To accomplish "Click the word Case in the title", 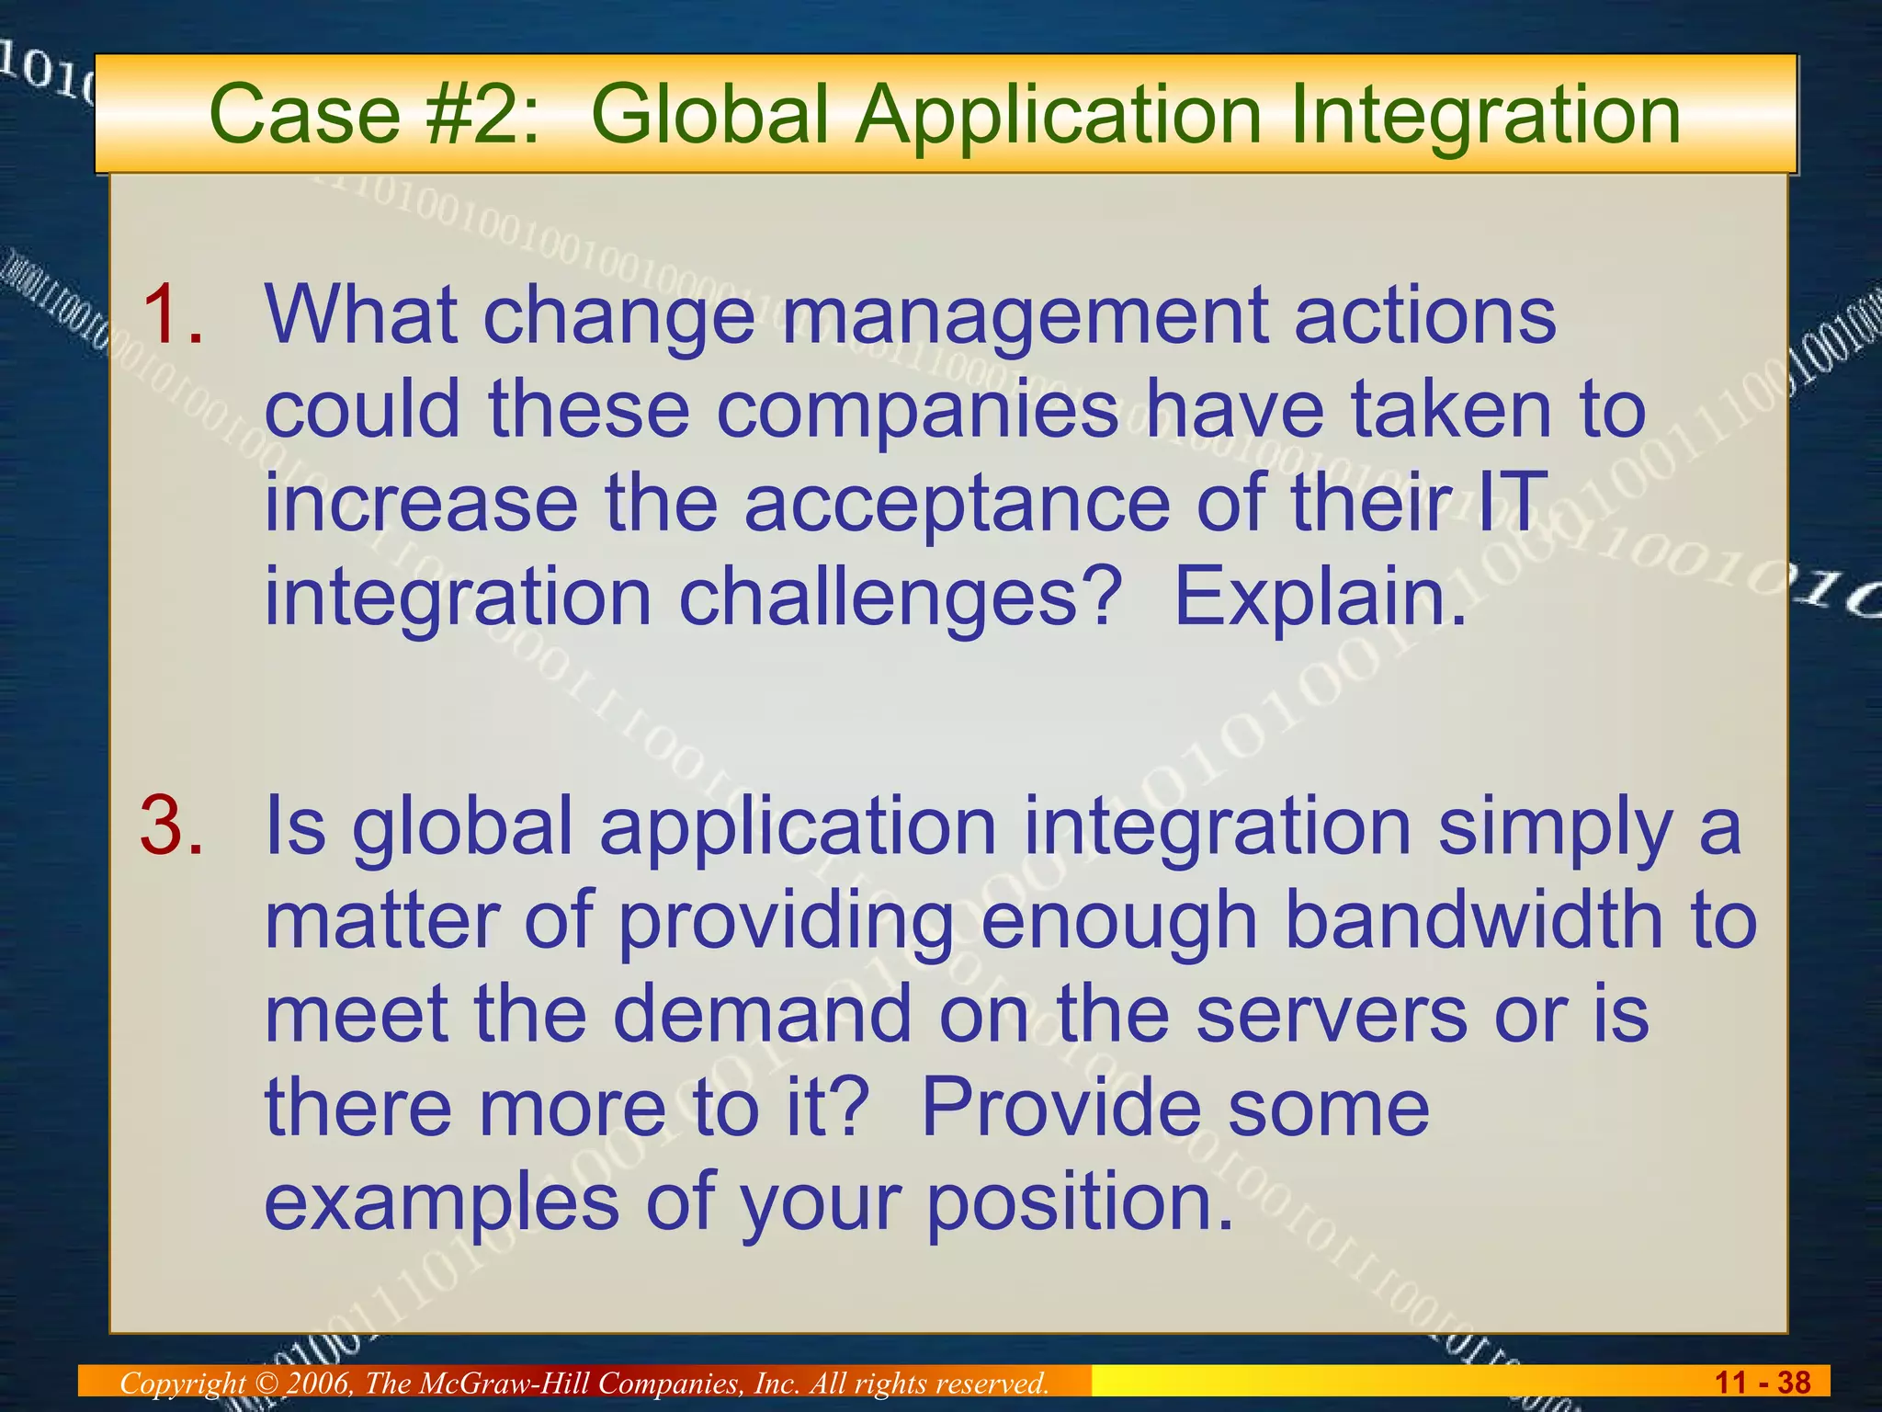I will tap(304, 116).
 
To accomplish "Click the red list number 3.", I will tap(172, 825).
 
